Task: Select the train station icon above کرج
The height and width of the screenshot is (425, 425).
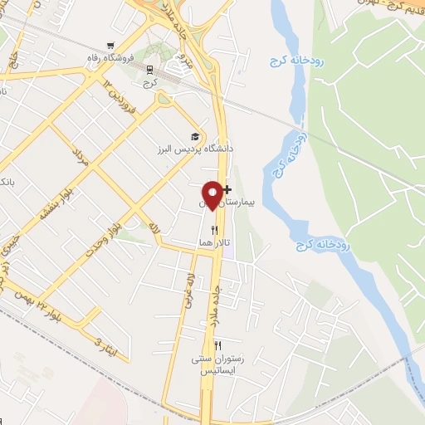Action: (149, 69)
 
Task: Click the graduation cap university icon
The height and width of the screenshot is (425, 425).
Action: (195, 137)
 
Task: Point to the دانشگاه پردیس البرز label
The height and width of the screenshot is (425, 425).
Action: (193, 149)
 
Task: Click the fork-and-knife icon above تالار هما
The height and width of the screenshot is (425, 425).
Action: (214, 230)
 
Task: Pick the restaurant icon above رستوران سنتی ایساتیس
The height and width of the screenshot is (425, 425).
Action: (218, 345)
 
